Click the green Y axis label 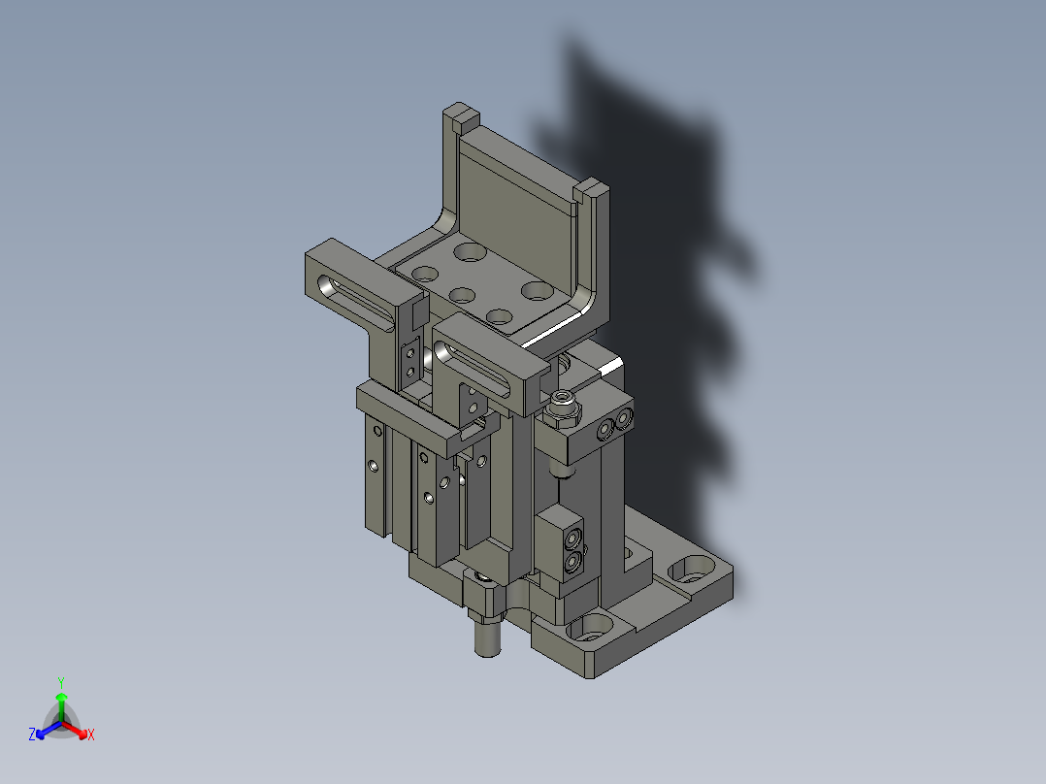pyautogui.click(x=61, y=682)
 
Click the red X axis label pyautogui.click(x=91, y=735)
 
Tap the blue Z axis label pyautogui.click(x=31, y=734)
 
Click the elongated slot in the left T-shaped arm pyautogui.click(x=354, y=301)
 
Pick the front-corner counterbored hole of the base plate pyautogui.click(x=590, y=627)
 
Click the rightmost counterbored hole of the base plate pyautogui.click(x=692, y=570)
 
